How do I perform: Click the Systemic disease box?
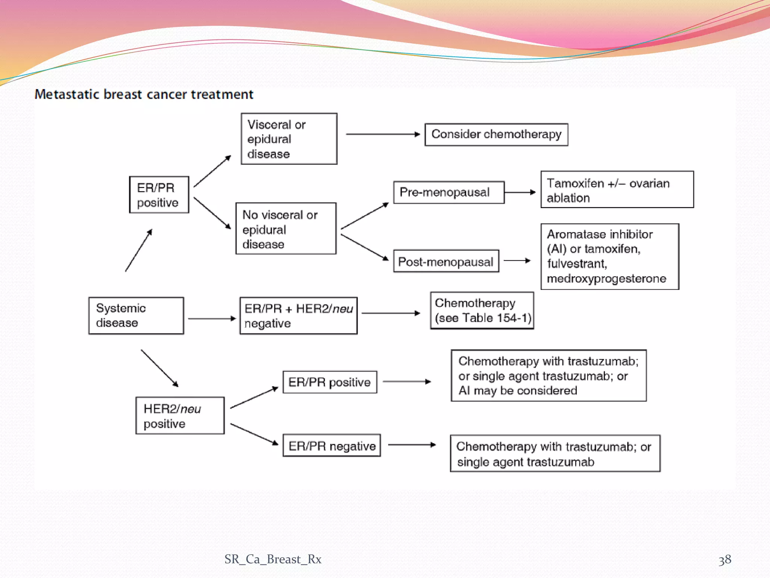click(136, 315)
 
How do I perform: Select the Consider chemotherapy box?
click(496, 134)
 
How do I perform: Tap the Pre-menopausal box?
click(449, 192)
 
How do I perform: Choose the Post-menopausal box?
click(446, 261)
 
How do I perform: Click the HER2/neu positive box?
click(180, 415)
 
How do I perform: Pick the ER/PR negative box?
click(332, 446)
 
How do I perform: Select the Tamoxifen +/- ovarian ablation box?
click(617, 190)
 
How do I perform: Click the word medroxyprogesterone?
click(606, 279)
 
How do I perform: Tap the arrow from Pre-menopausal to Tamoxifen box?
click(520, 192)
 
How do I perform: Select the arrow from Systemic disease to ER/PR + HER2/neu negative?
click(211, 319)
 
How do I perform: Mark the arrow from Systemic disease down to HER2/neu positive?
click(159, 368)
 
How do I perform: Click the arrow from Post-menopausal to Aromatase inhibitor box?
click(517, 260)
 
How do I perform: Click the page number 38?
click(725, 560)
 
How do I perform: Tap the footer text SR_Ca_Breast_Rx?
click(273, 559)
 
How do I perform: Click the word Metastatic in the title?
click(67, 94)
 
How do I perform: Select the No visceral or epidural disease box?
click(286, 229)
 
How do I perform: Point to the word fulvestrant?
click(576, 264)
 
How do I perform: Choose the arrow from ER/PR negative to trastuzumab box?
click(411, 445)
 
